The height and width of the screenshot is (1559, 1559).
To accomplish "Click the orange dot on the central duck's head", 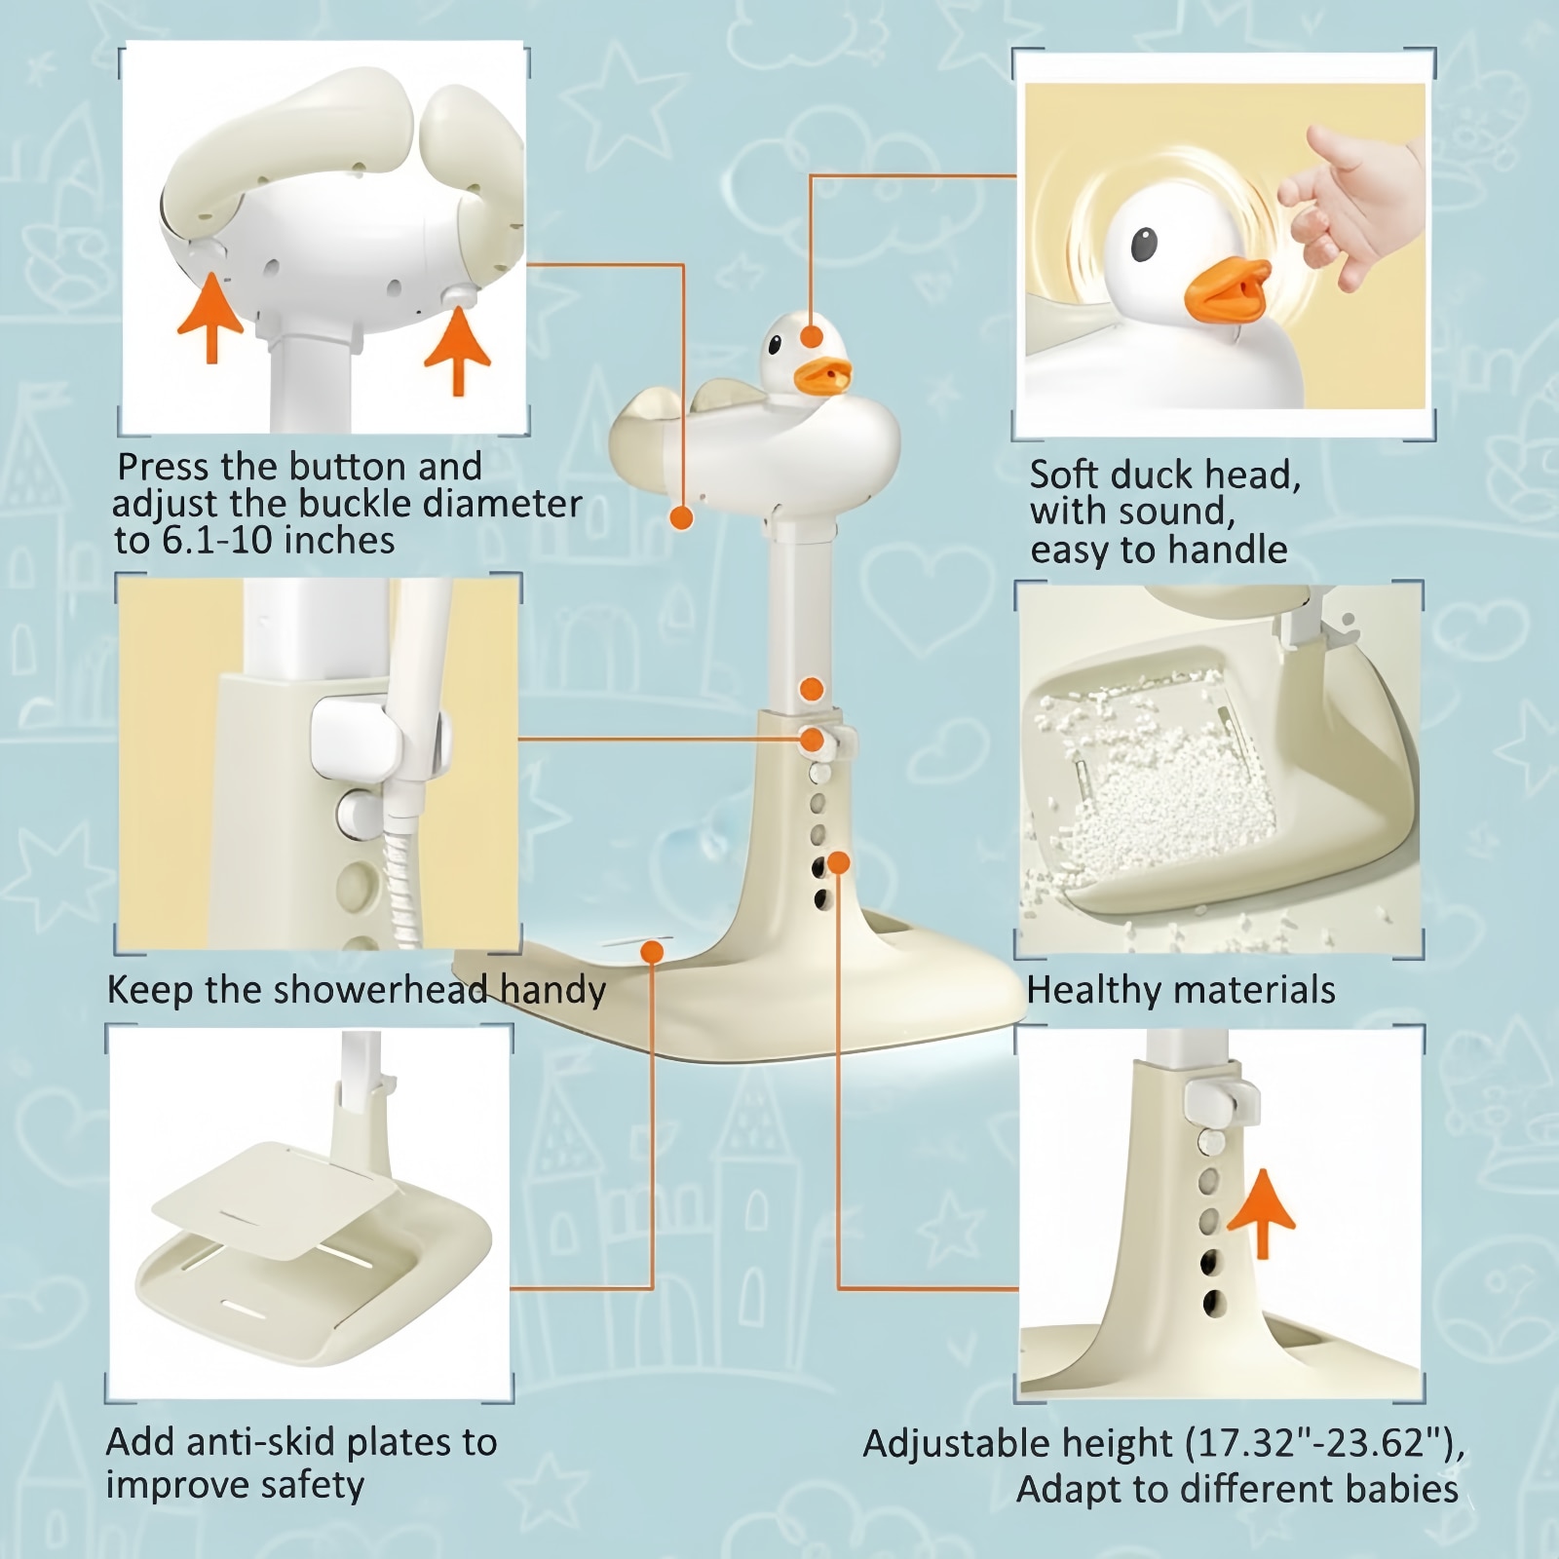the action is point(810,337).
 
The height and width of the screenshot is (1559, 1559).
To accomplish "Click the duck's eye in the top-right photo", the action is point(1145,246).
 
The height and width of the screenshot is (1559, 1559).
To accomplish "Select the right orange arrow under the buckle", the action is point(458,351).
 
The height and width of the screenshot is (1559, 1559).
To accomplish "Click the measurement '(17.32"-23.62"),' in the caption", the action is point(1325,1444).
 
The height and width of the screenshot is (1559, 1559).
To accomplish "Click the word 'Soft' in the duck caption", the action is point(1064,475).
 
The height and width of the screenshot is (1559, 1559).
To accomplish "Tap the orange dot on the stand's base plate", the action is point(653,952).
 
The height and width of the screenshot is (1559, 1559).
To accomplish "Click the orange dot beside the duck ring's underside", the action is point(682,517).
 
